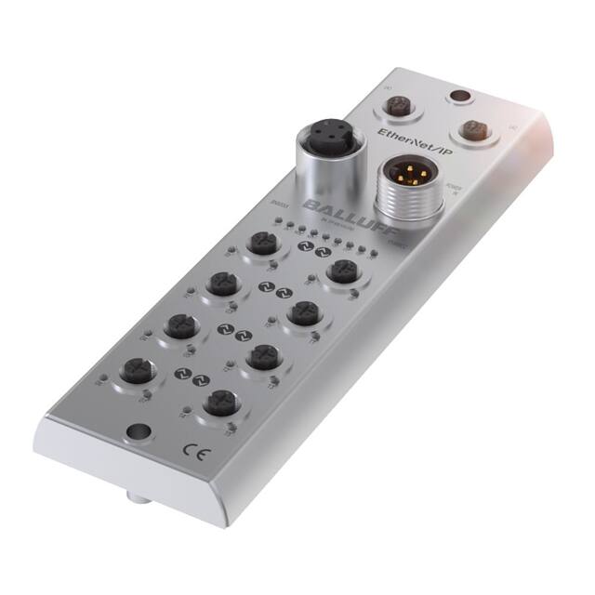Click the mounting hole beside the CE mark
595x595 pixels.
[x=138, y=431]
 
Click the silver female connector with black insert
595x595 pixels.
[x=322, y=145]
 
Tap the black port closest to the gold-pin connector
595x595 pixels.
[x=344, y=271]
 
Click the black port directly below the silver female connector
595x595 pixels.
[x=259, y=244]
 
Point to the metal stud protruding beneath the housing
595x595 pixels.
[x=138, y=500]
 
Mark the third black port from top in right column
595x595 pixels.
[x=263, y=354]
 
